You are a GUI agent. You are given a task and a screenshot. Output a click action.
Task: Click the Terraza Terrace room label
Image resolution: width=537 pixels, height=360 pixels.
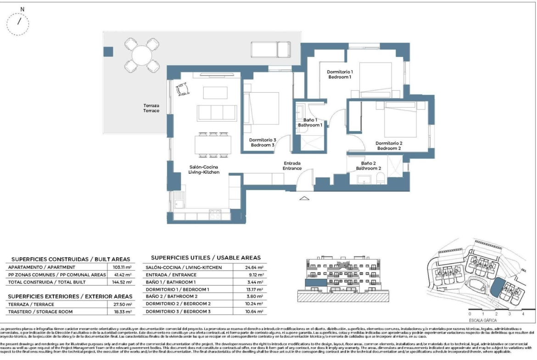pos(151,108)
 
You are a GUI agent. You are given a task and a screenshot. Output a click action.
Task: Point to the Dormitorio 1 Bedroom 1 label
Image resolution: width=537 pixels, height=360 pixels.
pos(340,75)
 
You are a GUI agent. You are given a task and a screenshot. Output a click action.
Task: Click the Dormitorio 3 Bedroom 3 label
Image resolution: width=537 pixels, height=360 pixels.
pos(263,143)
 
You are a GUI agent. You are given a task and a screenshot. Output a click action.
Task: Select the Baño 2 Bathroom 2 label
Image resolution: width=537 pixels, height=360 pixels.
pos(369,166)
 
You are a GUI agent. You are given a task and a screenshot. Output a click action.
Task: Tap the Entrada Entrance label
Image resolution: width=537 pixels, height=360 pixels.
pos(292,166)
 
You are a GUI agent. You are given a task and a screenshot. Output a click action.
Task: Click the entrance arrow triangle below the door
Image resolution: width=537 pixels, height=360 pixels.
pos(304,198)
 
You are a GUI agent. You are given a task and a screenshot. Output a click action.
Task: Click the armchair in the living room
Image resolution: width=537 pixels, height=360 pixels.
pos(183,88)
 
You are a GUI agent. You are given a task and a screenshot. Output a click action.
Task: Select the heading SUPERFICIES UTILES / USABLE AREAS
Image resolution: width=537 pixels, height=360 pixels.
pos(206,258)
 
